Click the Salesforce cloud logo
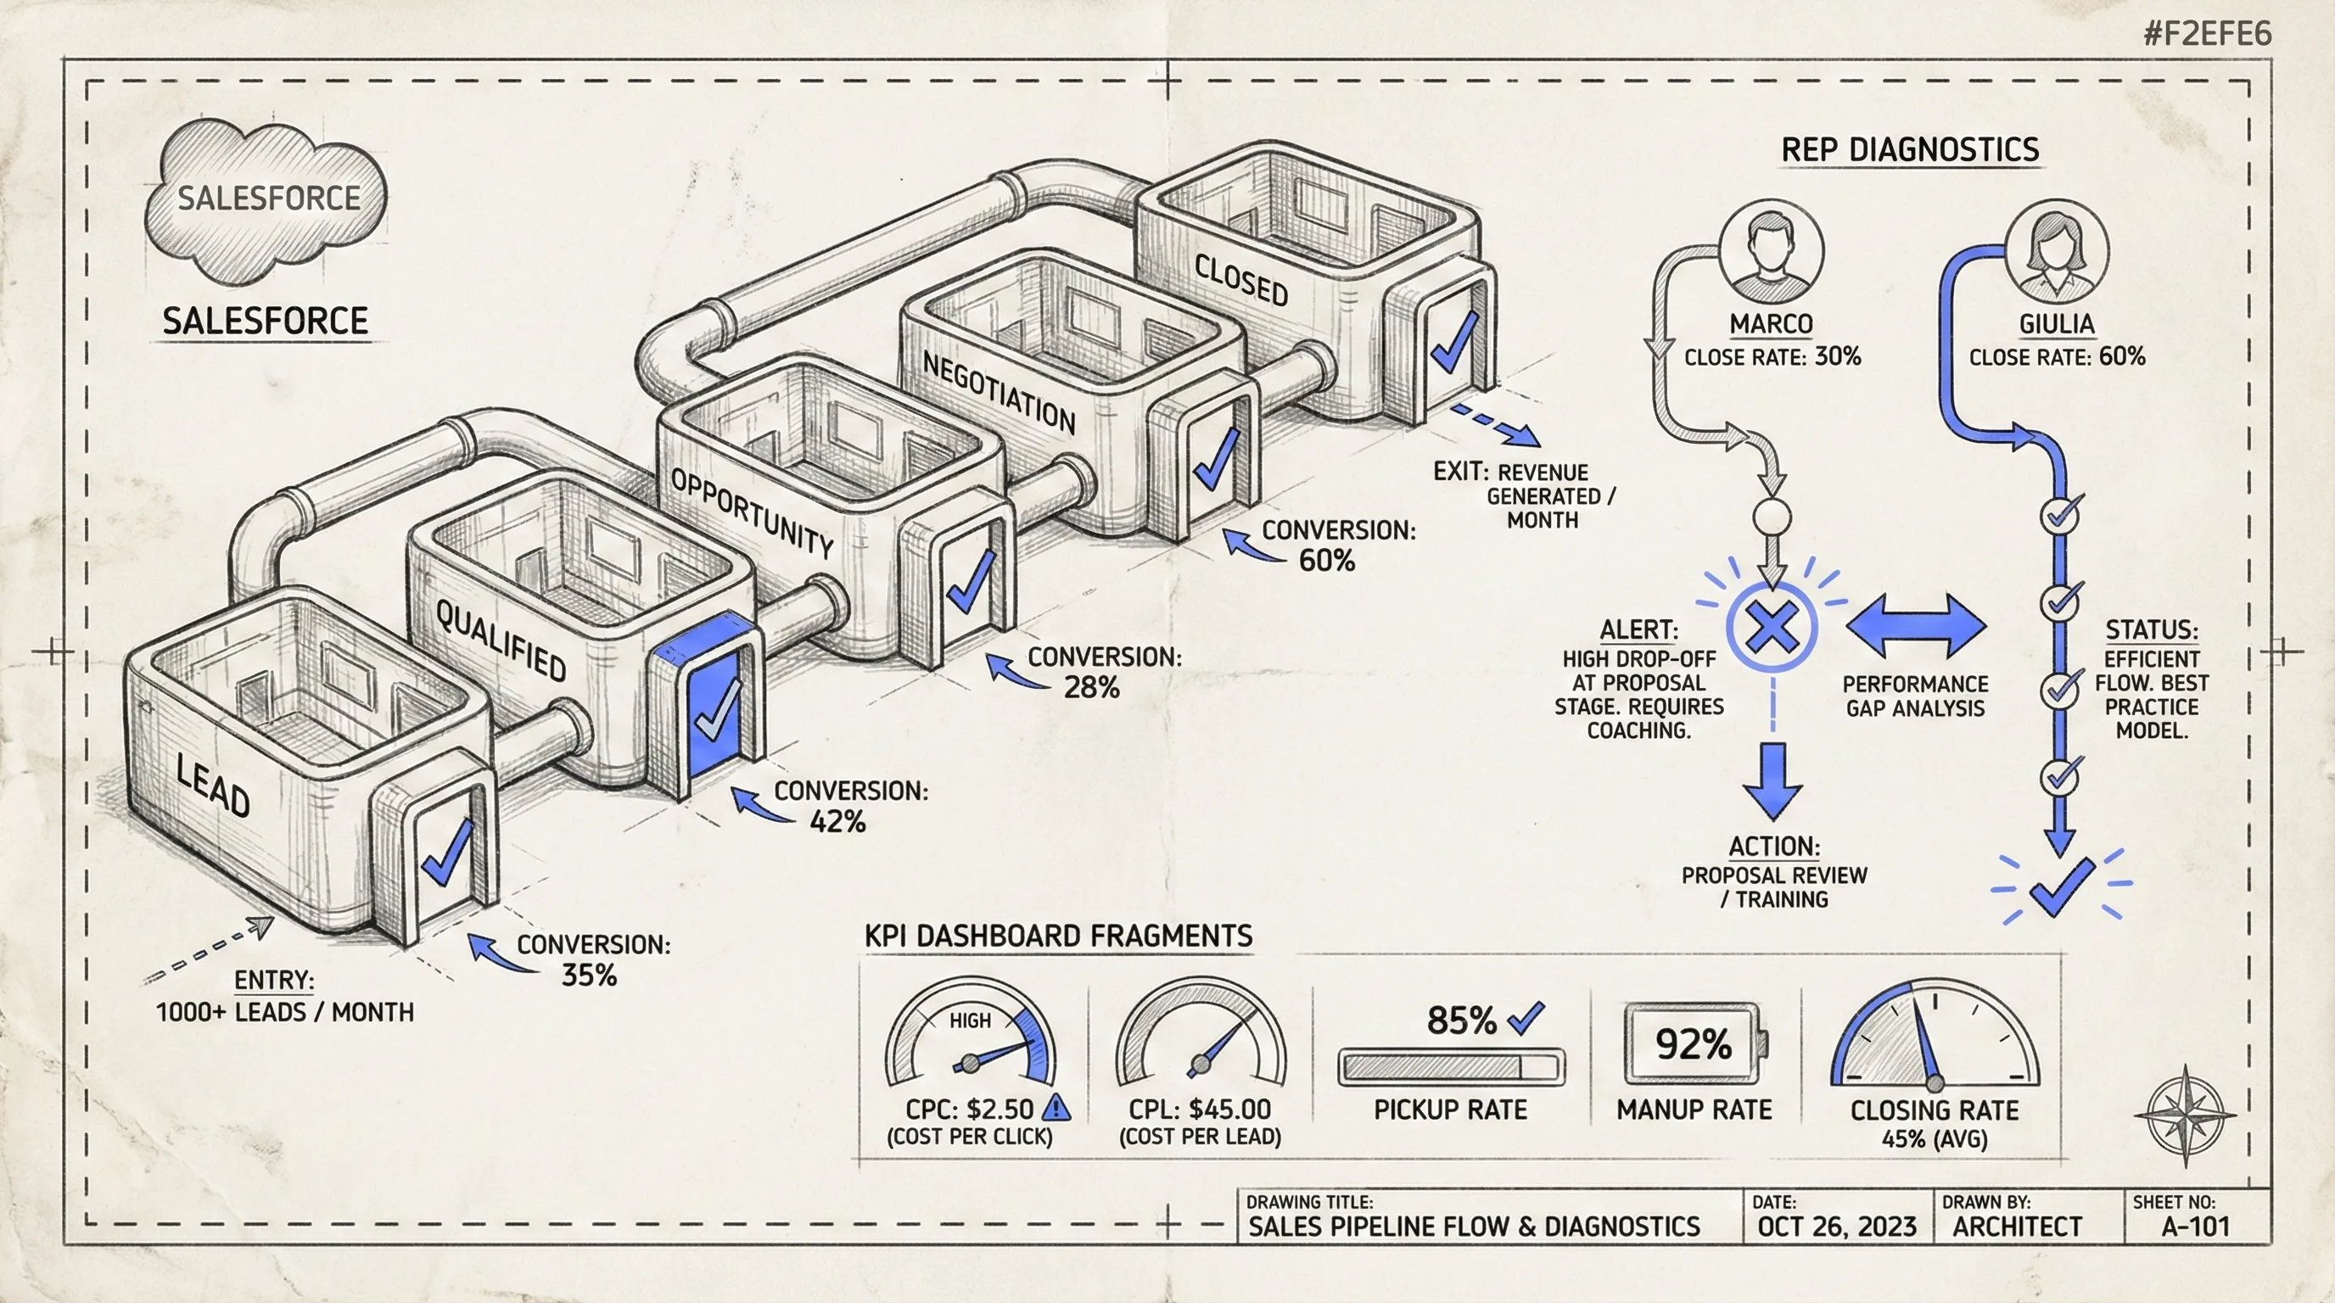pyautogui.click(x=266, y=199)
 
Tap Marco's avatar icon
pyautogui.click(x=1772, y=251)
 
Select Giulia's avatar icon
pyautogui.click(x=2057, y=251)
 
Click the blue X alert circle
pyautogui.click(x=1772, y=627)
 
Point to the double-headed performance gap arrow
pyautogui.click(x=1915, y=626)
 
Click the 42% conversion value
pyautogui.click(x=837, y=822)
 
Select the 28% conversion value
pyautogui.click(x=1091, y=688)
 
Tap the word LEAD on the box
pyautogui.click(x=213, y=786)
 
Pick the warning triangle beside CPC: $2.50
pyautogui.click(x=1056, y=1107)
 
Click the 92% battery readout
pyautogui.click(x=1693, y=1044)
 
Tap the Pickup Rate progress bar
pyautogui.click(x=1450, y=1066)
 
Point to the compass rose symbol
pyautogui.click(x=2185, y=1116)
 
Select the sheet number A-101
pyautogui.click(x=2194, y=1227)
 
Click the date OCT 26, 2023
pyautogui.click(x=1836, y=1227)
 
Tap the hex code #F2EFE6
pyautogui.click(x=2207, y=35)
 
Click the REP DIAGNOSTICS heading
pyautogui.click(x=1910, y=149)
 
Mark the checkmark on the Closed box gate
pyautogui.click(x=1454, y=343)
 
